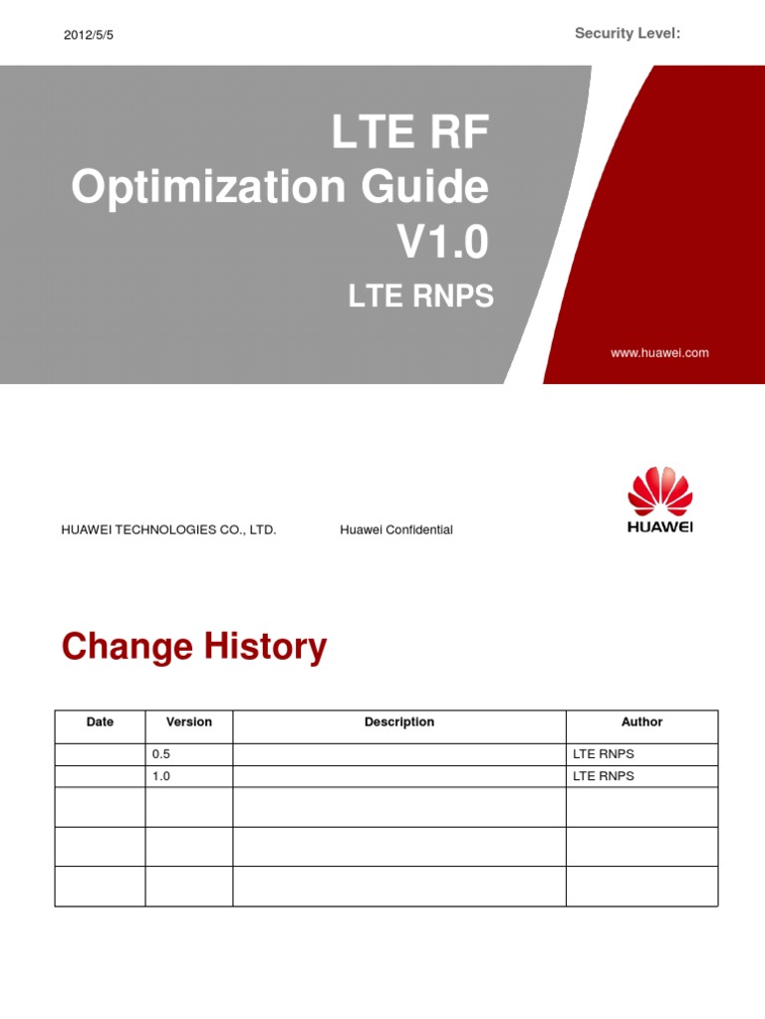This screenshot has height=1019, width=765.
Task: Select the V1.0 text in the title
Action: pos(444,239)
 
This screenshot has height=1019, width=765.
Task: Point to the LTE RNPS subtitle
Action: pos(419,296)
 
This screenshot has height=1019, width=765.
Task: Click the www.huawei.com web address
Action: pos(660,352)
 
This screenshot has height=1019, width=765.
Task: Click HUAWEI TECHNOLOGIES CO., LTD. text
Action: pos(168,529)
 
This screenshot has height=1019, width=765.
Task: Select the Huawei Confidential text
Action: pos(395,529)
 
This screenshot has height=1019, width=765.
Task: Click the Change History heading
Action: pos(193,647)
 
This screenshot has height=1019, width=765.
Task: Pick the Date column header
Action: pos(100,722)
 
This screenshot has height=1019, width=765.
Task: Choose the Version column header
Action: pos(188,722)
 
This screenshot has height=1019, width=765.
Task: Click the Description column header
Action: pos(398,722)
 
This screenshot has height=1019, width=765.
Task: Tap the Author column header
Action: pos(641,722)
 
